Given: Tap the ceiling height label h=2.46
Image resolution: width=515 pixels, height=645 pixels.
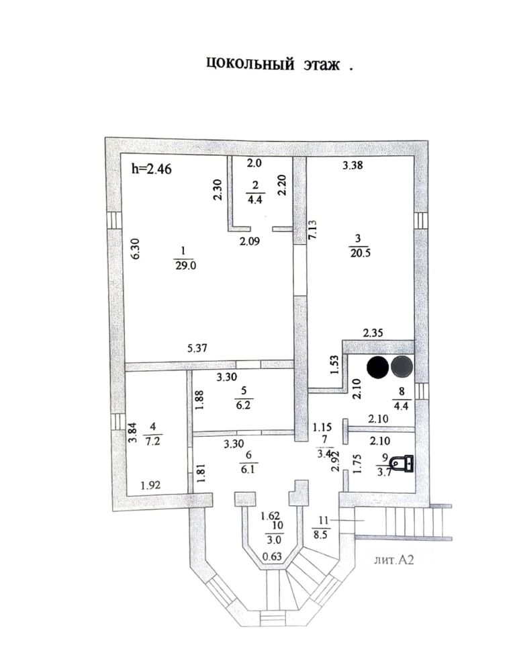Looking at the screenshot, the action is click(x=152, y=169).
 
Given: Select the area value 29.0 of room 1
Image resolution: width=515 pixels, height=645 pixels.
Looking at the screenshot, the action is click(x=180, y=265).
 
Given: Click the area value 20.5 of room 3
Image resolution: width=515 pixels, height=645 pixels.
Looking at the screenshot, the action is click(x=359, y=251).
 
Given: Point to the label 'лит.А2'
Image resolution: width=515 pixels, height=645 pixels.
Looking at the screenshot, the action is click(x=394, y=559).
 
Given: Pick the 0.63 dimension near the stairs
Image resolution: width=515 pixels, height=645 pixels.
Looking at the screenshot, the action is click(x=271, y=555).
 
